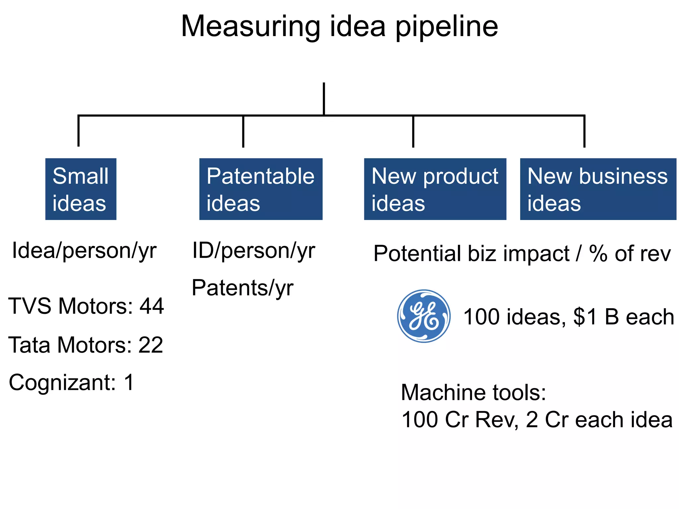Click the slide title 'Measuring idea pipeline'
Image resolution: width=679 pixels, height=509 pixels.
pos(339,27)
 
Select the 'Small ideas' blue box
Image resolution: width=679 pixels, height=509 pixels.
pos(81,189)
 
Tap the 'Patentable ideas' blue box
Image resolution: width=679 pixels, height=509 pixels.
pos(261,189)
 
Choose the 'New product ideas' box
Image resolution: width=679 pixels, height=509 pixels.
pos(435,189)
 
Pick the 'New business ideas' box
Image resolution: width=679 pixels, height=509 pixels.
pos(598,189)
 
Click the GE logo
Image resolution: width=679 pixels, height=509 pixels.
pos(424,316)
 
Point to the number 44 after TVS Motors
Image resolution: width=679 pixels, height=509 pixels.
pos(152,306)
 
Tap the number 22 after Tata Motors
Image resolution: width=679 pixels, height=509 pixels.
pos(151,345)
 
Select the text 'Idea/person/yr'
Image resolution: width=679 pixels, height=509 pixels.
pos(84,251)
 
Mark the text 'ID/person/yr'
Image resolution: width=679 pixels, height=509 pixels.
pos(254,251)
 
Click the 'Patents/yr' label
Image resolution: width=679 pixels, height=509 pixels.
pos(242,288)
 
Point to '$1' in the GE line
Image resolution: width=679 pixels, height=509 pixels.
pos(586,317)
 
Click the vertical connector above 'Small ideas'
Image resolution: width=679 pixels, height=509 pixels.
pos(79,131)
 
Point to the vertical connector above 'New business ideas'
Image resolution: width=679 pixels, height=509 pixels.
pos(584,132)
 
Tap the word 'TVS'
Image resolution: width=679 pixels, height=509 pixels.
pos(30,306)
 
